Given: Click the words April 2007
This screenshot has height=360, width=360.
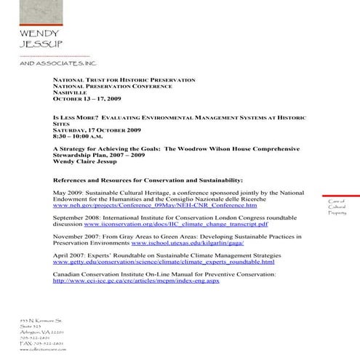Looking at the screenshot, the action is click(x=70, y=256).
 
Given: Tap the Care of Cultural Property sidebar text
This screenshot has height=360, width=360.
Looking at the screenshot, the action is click(x=337, y=207).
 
